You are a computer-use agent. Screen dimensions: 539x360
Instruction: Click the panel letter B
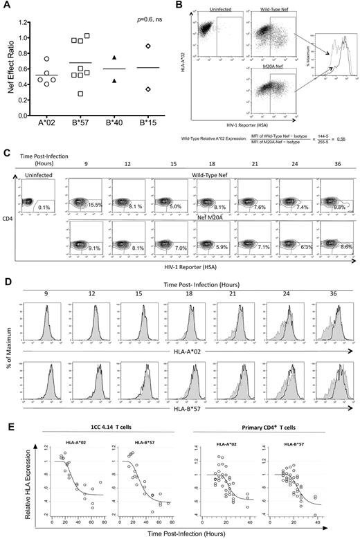click(x=181, y=6)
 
